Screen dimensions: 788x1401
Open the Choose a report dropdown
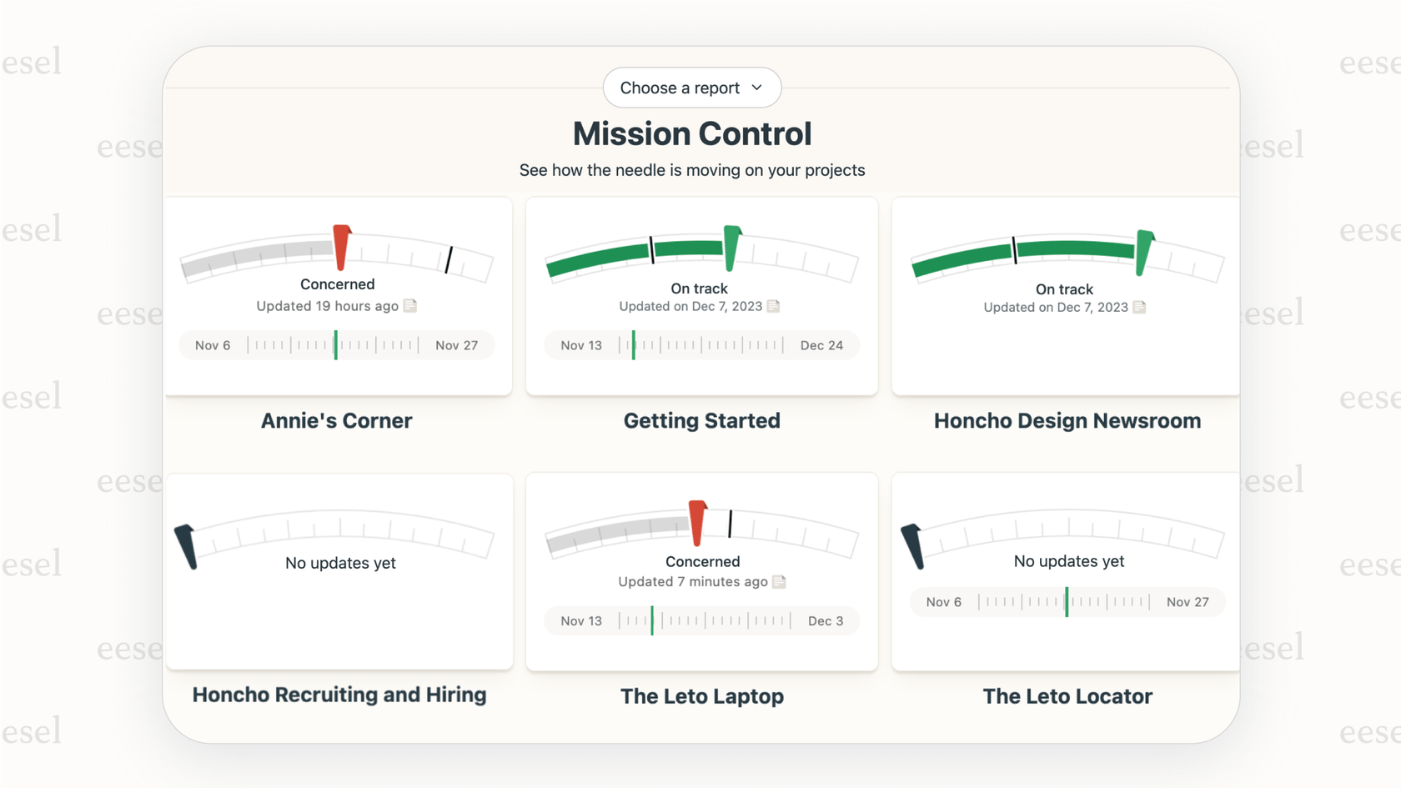[x=691, y=88]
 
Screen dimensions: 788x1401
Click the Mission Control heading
[x=691, y=133]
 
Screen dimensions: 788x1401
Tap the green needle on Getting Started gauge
[x=731, y=248]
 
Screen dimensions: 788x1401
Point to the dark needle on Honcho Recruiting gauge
[x=187, y=546]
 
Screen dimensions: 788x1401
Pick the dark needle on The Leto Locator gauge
[x=913, y=546]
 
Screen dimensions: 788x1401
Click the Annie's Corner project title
[x=336, y=420]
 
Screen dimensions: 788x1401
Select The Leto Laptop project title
[x=701, y=696]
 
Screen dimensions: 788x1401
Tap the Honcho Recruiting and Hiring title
[x=339, y=695]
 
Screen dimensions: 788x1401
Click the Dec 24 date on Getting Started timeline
[x=821, y=345]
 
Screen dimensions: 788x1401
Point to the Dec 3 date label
[x=825, y=621]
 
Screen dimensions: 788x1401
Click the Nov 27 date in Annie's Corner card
[x=456, y=345]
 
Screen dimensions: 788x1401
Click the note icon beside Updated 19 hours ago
[x=410, y=306]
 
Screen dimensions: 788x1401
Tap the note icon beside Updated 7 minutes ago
[x=779, y=582]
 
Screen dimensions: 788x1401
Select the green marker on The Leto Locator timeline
[x=1067, y=602]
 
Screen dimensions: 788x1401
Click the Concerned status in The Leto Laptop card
[x=702, y=561]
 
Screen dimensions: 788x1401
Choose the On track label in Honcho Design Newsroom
[x=1064, y=289]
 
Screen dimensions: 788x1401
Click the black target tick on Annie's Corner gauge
[x=449, y=259]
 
